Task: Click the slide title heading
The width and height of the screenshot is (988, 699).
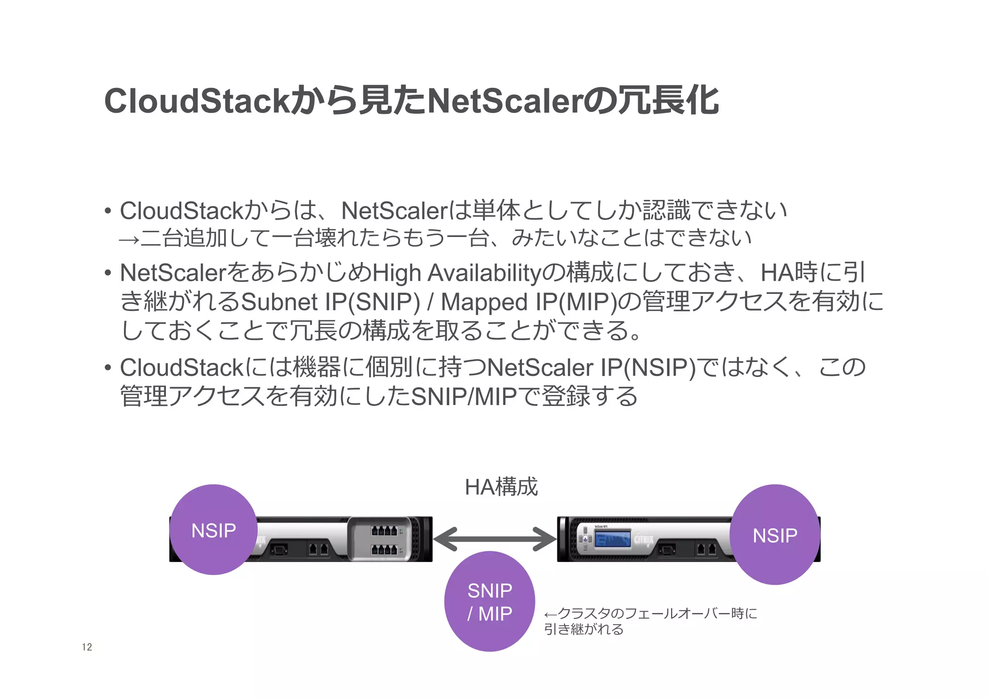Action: coord(411,101)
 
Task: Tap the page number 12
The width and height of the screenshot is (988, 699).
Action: coord(87,647)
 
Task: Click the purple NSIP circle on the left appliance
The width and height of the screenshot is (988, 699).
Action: coord(213,530)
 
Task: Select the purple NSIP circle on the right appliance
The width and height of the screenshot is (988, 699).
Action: coord(775,534)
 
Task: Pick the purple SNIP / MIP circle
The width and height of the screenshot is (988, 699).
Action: coord(489,601)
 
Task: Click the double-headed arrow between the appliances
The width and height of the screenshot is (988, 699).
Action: coord(494,539)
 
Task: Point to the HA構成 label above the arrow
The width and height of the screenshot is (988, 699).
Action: coord(501,487)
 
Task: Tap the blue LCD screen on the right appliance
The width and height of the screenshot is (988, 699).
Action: coord(612,539)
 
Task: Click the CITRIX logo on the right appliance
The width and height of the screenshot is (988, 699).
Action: coord(644,539)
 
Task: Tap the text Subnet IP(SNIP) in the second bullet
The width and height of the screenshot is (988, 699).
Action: coord(330,302)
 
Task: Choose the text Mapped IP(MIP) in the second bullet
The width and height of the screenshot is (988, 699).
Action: coord(529,302)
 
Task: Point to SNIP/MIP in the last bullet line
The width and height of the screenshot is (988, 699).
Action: coord(464,397)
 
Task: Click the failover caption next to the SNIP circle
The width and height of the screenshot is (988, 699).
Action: coord(650,621)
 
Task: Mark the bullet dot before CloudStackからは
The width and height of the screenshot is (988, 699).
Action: coord(108,211)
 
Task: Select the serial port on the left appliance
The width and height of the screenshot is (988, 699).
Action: coord(279,549)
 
